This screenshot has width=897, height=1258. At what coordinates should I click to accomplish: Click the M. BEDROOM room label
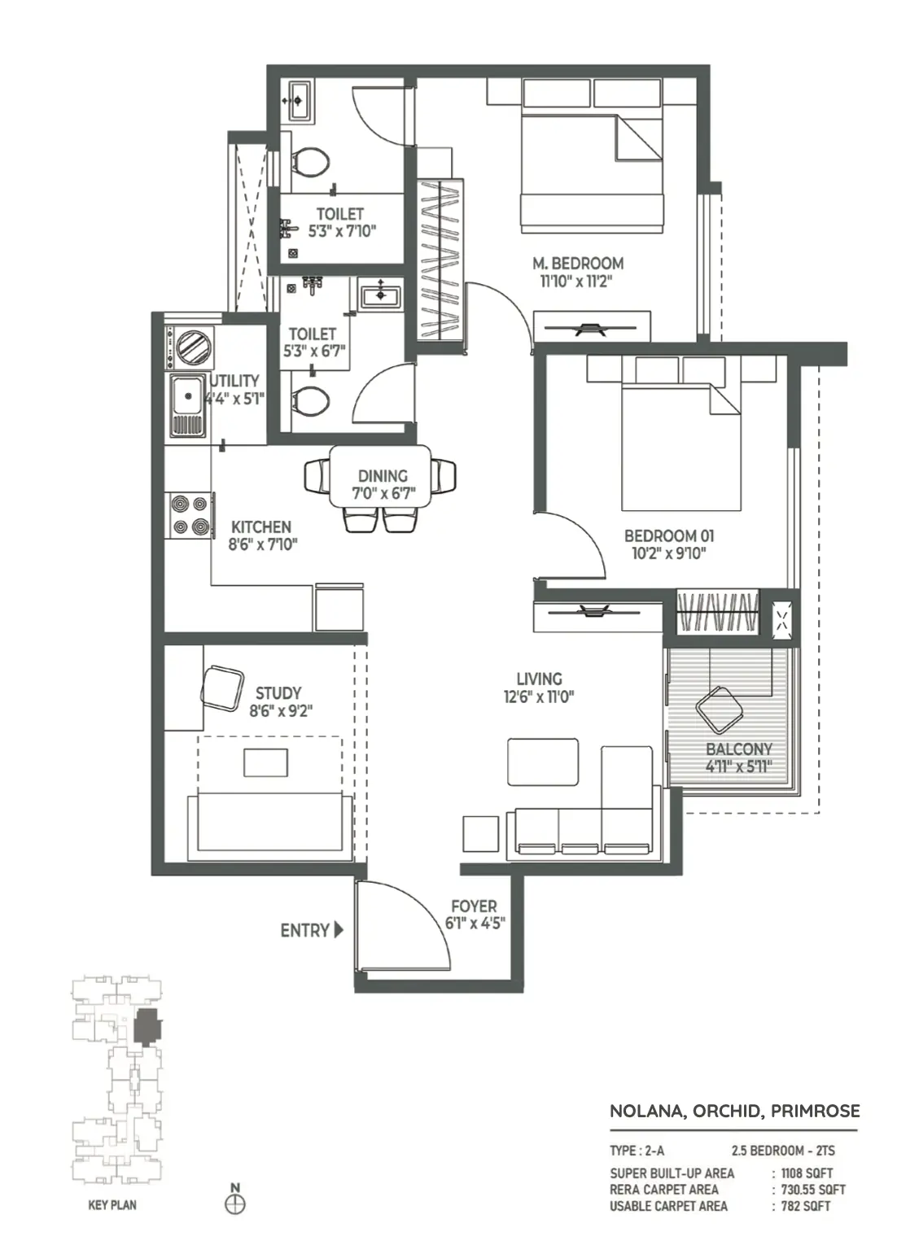click(577, 263)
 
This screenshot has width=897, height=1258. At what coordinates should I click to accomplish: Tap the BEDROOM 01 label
click(669, 535)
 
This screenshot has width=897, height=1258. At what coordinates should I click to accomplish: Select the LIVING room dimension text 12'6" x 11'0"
click(539, 697)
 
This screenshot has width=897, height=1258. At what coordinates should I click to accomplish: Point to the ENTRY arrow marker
click(338, 930)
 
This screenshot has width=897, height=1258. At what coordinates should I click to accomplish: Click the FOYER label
click(474, 906)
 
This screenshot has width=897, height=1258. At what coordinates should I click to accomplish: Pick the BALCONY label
click(738, 749)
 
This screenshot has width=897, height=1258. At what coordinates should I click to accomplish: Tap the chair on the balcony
click(720, 710)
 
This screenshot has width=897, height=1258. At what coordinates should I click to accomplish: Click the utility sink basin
click(188, 395)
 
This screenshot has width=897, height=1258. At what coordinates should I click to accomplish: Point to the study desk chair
click(222, 688)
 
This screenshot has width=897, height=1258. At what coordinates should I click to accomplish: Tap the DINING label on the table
click(383, 476)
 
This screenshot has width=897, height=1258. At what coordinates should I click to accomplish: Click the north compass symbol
click(234, 1204)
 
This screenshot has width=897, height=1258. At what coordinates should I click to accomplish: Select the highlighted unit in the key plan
click(147, 1027)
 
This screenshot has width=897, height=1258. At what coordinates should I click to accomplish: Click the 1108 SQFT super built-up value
click(807, 1173)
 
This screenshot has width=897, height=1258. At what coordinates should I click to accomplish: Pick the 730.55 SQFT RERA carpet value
click(813, 1190)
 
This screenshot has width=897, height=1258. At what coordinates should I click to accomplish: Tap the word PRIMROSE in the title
click(815, 1111)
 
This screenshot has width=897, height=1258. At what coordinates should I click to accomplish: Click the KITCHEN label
click(261, 526)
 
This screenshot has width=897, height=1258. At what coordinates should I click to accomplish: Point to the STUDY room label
click(278, 693)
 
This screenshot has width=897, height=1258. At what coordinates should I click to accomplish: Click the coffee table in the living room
click(543, 762)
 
